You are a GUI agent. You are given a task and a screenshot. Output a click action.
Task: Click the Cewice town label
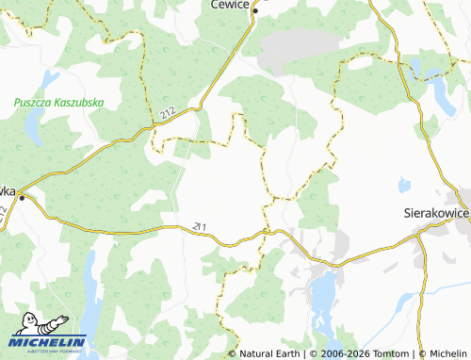(229, 5)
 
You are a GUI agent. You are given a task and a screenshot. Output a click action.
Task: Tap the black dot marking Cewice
(254, 10)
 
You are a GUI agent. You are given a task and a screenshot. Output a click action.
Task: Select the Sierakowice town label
(435, 214)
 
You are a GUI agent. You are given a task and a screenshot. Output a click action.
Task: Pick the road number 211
(199, 226)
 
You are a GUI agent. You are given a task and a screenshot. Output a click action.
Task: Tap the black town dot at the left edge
(23, 198)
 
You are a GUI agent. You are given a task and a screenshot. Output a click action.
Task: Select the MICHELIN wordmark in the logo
(49, 342)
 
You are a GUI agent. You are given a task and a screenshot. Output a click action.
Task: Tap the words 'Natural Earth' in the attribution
(270, 353)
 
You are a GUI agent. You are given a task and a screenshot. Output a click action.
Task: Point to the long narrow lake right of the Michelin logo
(91, 292)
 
